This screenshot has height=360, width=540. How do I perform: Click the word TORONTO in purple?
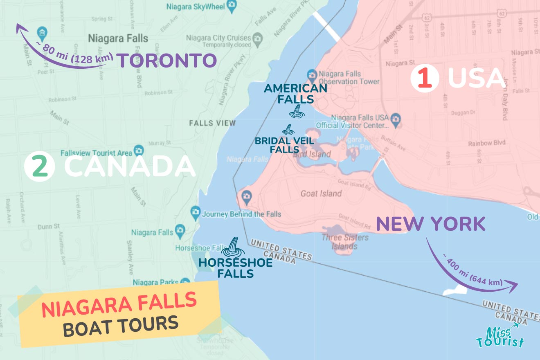tap(167, 61)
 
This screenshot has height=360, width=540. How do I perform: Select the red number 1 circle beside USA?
tap(425, 78)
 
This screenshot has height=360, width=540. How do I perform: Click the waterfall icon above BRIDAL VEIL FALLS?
tap(288, 130)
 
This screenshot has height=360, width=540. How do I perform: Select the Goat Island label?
tap(321, 193)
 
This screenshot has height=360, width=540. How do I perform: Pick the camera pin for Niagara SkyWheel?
tap(232, 6)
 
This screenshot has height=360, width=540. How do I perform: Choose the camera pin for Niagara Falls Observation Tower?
tap(312, 75)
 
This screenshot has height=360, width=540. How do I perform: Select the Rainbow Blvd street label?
tap(486, 143)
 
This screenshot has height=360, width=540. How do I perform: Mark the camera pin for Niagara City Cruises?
tap(257, 38)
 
